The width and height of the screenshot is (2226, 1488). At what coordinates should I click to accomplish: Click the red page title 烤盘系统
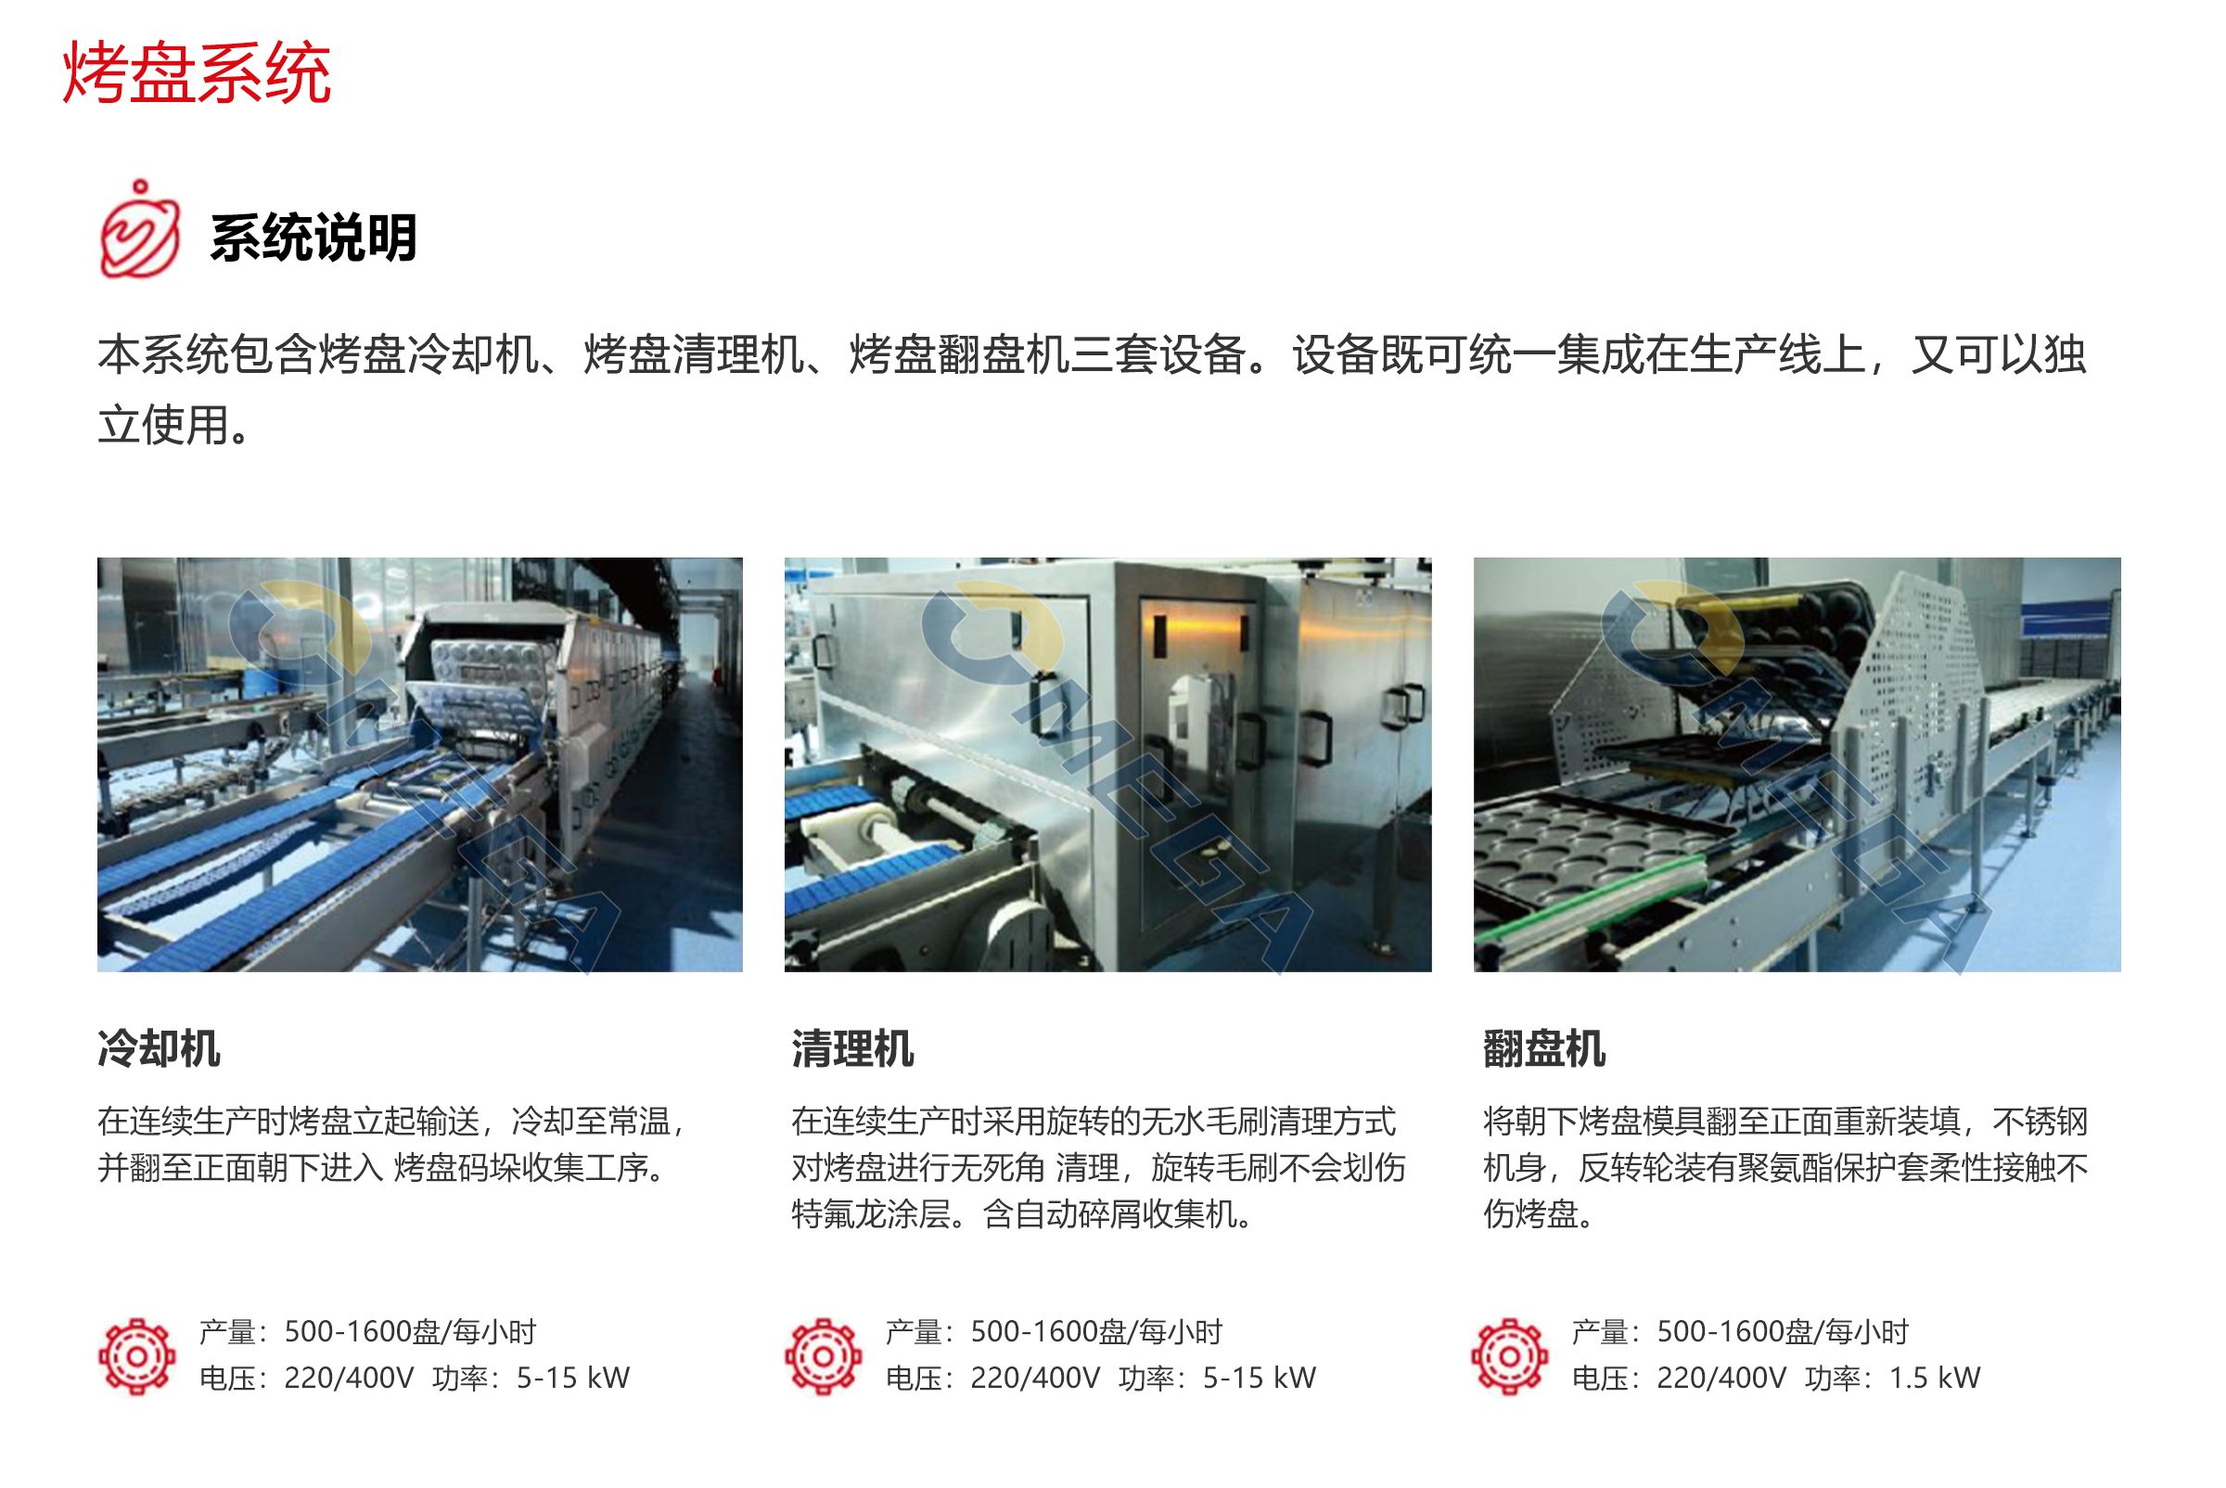pos(197,72)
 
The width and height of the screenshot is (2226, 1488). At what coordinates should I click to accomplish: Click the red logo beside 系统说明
pos(139,231)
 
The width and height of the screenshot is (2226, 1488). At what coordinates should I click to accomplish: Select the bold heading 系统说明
pos(313,237)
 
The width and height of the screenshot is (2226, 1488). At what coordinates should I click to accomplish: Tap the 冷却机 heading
pos(159,1048)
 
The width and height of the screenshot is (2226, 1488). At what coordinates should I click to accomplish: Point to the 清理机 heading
pos(852,1048)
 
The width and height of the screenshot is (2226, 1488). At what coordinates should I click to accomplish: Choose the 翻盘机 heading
pos(1543,1048)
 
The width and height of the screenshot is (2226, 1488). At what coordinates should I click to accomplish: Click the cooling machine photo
pos(419,763)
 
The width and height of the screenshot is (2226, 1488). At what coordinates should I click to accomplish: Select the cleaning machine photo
pos(1107,763)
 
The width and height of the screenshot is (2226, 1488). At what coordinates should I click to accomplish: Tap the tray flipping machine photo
pos(1797,763)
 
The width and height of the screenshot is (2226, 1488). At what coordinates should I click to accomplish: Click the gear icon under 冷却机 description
pos(137,1356)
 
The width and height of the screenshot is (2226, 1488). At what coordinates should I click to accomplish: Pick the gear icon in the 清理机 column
pos(824,1356)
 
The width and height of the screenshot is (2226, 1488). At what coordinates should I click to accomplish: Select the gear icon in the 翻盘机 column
pos(1510,1356)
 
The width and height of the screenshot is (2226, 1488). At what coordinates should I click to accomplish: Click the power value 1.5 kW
pos(1934,1378)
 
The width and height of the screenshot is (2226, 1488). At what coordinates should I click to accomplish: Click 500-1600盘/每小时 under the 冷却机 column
pos(410,1331)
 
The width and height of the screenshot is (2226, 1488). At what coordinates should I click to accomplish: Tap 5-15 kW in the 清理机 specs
pos(1260,1378)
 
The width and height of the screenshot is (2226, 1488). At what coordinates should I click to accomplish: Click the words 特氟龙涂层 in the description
pos(870,1213)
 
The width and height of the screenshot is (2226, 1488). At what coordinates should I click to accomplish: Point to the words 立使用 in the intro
pos(162,424)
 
